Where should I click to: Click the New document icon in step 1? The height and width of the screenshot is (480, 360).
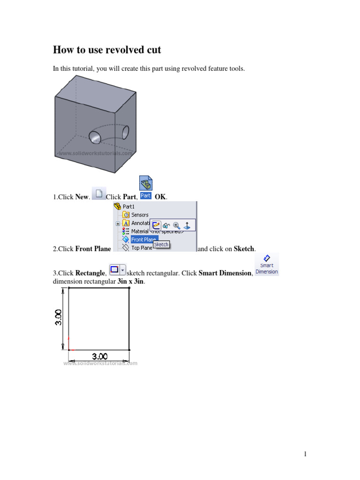click(x=98, y=194)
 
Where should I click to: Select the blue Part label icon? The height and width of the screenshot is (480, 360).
click(x=146, y=195)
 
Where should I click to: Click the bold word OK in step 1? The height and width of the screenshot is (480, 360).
click(x=160, y=197)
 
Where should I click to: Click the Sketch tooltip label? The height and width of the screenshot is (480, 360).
click(x=161, y=245)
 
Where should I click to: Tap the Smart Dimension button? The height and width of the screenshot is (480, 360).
click(x=267, y=265)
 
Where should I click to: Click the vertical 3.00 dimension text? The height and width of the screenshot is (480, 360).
click(x=59, y=318)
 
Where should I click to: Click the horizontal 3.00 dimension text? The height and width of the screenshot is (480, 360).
click(x=99, y=356)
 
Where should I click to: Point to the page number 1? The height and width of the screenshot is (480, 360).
click(x=305, y=454)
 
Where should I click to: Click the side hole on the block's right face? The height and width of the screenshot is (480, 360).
click(x=126, y=133)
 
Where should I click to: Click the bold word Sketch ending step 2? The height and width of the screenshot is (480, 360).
click(x=244, y=249)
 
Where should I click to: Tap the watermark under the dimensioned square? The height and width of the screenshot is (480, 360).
click(x=100, y=363)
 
